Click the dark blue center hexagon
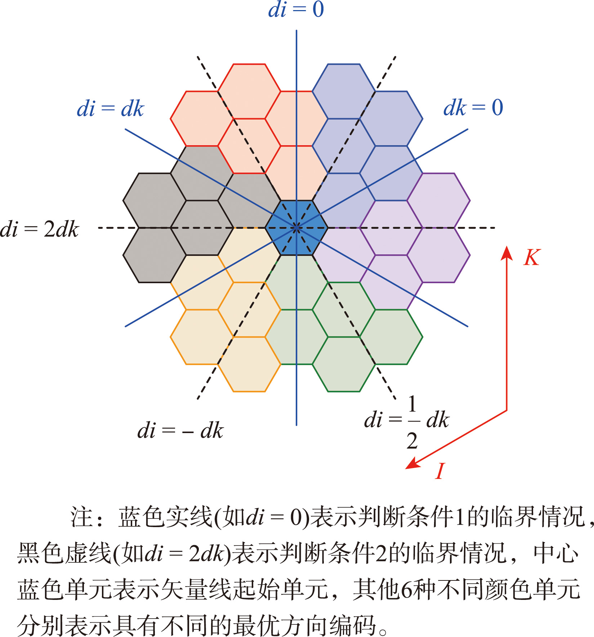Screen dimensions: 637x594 296,228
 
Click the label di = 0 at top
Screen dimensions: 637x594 296,10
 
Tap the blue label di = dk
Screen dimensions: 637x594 110,108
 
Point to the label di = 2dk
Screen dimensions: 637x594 39,229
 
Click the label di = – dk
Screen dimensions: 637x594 180,431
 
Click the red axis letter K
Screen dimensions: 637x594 532,258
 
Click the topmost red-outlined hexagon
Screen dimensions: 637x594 249,91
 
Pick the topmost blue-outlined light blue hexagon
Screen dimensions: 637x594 344,91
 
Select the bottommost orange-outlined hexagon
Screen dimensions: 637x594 249,364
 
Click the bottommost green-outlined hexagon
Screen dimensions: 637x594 344,364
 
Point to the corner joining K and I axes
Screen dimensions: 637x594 507,410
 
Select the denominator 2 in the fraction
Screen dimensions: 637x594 412,441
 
